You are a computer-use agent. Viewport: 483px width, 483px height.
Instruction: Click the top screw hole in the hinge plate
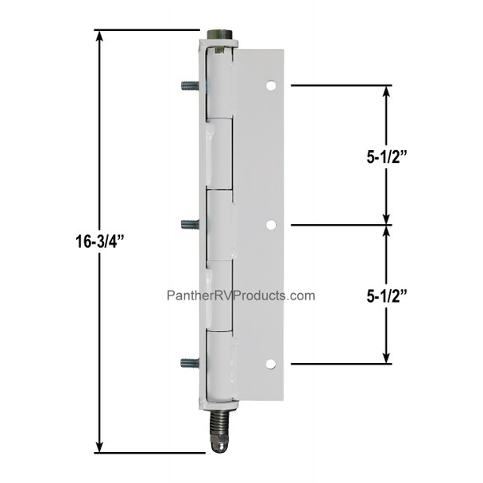270,84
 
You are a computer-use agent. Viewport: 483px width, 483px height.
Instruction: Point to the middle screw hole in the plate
270,225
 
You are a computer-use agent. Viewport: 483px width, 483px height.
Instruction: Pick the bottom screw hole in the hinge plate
270,364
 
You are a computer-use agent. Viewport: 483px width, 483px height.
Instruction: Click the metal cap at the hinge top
220,37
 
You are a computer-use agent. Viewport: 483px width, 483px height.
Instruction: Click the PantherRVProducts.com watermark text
240,296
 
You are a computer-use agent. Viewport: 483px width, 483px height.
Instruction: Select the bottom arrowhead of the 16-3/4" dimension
99,446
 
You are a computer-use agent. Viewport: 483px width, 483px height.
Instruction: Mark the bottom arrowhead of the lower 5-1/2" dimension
386,357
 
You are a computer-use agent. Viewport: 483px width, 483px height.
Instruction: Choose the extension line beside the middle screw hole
342,225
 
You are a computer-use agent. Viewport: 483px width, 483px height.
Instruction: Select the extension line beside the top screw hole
342,84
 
